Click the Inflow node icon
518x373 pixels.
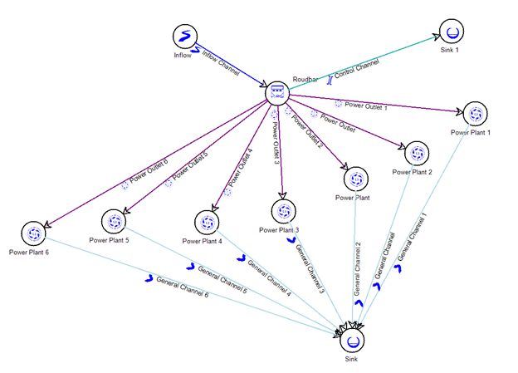click(x=185, y=37)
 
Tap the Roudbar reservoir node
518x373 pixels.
click(x=277, y=93)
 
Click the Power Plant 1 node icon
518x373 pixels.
click(x=475, y=114)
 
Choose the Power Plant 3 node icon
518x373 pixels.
click(x=282, y=211)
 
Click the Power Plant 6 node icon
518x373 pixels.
click(x=35, y=233)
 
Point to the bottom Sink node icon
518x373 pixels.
click(x=353, y=341)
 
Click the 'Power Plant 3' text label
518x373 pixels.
click(x=278, y=229)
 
